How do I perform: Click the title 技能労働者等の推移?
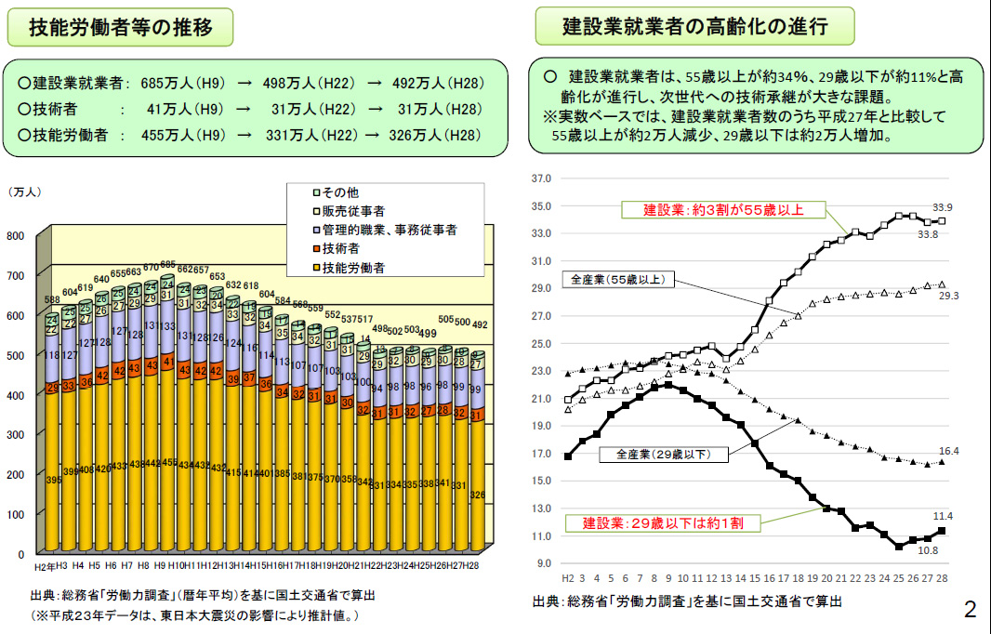120,27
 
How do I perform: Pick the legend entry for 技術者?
341,248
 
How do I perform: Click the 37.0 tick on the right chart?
541,178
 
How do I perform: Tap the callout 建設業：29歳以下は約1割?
669,523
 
